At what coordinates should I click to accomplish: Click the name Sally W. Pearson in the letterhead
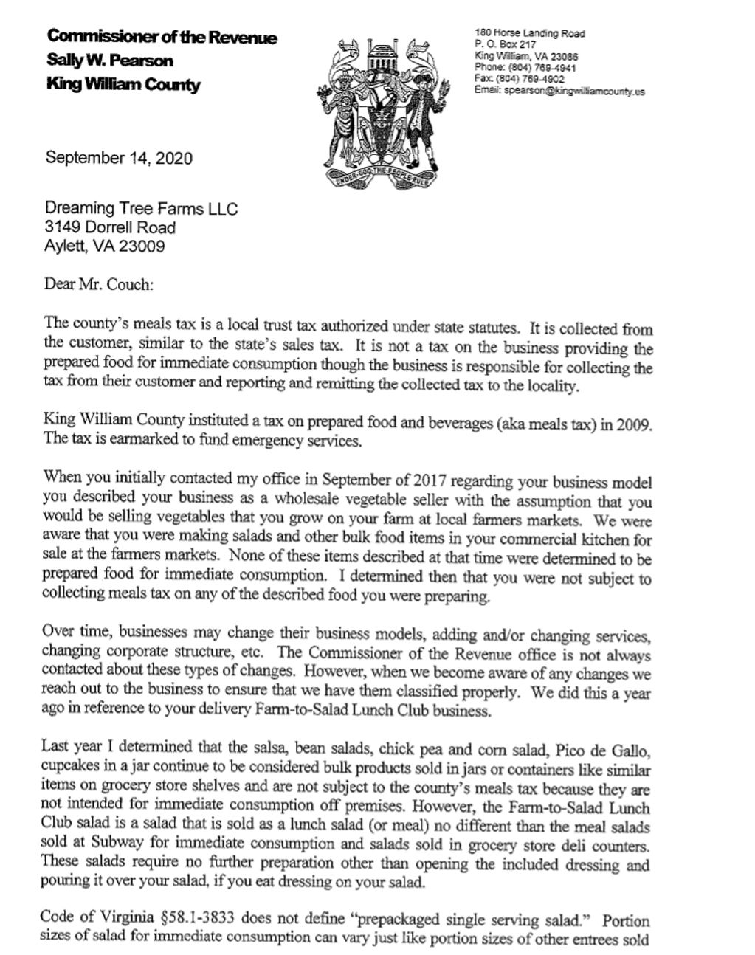110,61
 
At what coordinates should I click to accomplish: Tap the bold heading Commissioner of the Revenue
162,36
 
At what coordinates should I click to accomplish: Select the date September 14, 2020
119,158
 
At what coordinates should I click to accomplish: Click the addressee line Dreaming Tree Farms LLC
142,209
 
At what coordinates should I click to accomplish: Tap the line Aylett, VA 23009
105,246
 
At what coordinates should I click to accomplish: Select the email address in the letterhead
561,92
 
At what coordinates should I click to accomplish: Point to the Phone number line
525,68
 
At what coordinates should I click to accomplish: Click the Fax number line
520,80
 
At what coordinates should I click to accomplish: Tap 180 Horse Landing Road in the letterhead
530,33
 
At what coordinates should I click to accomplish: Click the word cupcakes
73,764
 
